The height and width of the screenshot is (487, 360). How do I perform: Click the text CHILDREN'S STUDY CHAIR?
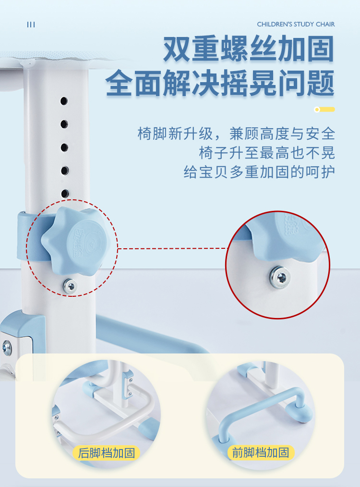(296, 24)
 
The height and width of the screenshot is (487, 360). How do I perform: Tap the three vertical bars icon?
(31, 24)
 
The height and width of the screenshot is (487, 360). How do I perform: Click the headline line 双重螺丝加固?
(249, 49)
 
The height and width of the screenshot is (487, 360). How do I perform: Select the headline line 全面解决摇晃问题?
(220, 83)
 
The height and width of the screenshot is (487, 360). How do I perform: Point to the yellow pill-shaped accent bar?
(324, 110)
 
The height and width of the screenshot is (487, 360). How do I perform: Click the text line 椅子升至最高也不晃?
(267, 153)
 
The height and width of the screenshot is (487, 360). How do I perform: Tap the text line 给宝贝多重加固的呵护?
(259, 172)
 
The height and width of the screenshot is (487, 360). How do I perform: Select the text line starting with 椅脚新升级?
(236, 134)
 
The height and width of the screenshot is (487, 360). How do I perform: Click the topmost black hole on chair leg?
(64, 101)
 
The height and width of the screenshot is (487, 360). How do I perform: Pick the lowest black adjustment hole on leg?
(65, 194)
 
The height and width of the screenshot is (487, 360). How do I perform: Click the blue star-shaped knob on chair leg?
(74, 241)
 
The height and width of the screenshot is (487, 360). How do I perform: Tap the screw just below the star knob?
(70, 286)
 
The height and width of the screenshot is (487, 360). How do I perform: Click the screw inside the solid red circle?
(280, 277)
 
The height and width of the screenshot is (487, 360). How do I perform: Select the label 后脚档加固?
(107, 453)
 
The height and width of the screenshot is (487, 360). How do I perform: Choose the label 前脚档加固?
(261, 452)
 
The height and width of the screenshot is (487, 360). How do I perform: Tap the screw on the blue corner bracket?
(7, 348)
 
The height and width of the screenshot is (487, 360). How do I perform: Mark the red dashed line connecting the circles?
(173, 248)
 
